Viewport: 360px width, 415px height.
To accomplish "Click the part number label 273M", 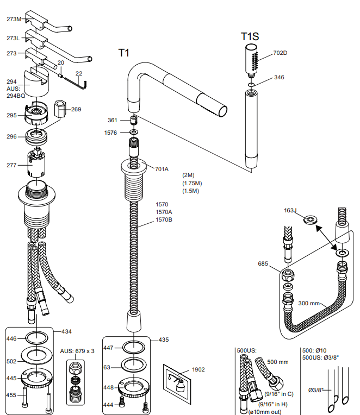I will pyautogui.click(x=14, y=19).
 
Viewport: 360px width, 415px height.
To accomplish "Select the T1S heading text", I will pyautogui.click(x=250, y=36).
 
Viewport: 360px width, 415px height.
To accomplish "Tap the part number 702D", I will pyautogui.click(x=280, y=53).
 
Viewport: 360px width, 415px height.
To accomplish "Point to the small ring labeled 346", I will pyautogui.click(x=250, y=85).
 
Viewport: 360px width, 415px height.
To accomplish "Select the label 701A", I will pyautogui.click(x=162, y=169).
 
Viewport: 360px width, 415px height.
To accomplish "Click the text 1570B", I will pyautogui.click(x=164, y=219).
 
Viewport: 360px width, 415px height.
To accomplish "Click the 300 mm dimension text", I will pyautogui.click(x=309, y=303).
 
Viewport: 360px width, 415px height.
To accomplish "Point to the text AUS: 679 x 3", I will pyautogui.click(x=77, y=351).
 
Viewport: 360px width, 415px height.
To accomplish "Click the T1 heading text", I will pyautogui.click(x=124, y=53).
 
